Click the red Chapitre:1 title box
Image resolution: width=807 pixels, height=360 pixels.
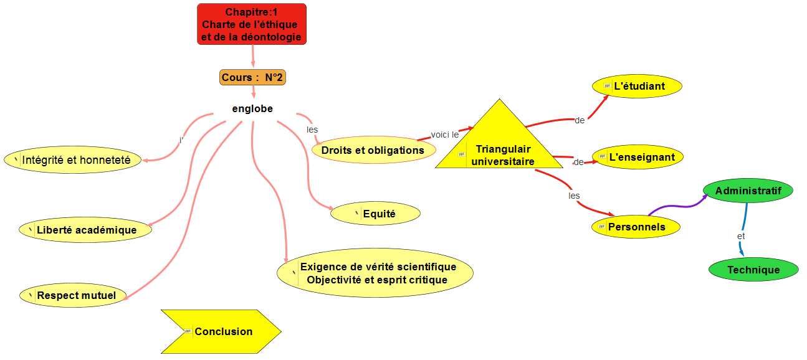pyautogui.click(x=252, y=24)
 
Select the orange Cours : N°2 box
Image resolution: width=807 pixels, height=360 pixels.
pyautogui.click(x=252, y=77)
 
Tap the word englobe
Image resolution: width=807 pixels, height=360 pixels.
pyautogui.click(x=252, y=108)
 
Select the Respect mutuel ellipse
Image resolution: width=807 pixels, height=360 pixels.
pyautogui.click(x=72, y=295)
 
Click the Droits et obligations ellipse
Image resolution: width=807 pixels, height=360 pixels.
pyautogui.click(x=373, y=150)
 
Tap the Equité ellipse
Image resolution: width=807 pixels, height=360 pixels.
pyautogui.click(x=375, y=214)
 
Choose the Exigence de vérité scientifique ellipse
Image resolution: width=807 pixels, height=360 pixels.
pyautogui.click(x=376, y=273)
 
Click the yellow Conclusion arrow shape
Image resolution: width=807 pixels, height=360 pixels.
pyautogui.click(x=221, y=331)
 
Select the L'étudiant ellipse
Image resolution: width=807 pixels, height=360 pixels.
pyautogui.click(x=637, y=86)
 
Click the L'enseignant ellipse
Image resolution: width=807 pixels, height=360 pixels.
pyautogui.click(x=637, y=157)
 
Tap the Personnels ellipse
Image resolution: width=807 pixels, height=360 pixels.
pyautogui.click(x=636, y=227)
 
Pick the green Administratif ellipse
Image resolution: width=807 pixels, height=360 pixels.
pyautogui.click(x=748, y=190)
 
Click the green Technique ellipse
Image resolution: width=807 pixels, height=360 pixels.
pyautogui.click(x=753, y=270)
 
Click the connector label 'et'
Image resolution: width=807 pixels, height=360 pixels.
pyautogui.click(x=741, y=236)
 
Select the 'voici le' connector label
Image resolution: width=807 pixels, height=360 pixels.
pyautogui.click(x=445, y=135)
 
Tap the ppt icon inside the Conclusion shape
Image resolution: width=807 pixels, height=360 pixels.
pyautogui.click(x=188, y=331)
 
